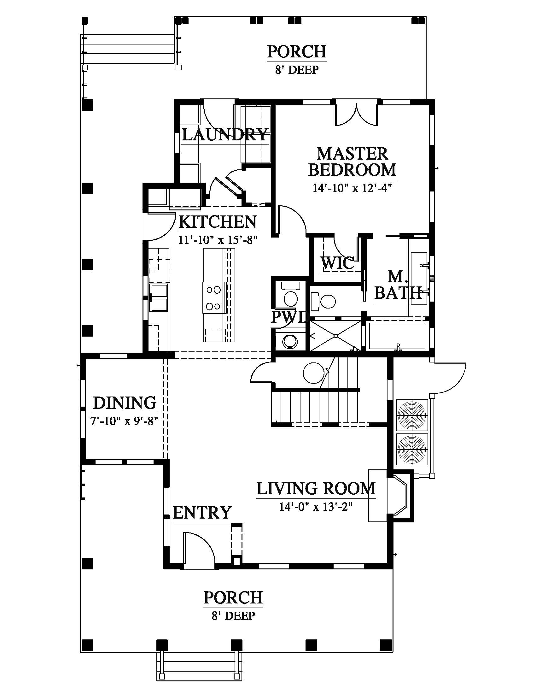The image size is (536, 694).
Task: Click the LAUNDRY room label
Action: [224, 134]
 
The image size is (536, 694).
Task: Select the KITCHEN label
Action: [218, 222]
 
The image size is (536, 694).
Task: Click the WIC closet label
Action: [337, 263]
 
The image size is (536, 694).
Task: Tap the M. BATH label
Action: [398, 285]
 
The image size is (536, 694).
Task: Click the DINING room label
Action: [125, 403]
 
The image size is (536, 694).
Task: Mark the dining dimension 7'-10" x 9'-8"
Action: [124, 421]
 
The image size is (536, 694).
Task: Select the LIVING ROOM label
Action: [316, 489]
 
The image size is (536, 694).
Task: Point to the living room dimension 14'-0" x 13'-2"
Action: [316, 507]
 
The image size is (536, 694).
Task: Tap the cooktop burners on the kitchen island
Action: [213, 298]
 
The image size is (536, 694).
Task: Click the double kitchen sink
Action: [159, 297]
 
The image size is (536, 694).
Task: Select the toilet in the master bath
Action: [323, 301]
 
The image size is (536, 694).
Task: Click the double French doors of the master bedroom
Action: [357, 114]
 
